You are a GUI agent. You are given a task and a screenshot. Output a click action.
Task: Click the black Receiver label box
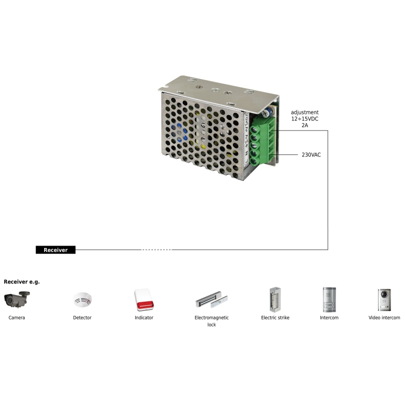tap(56, 250)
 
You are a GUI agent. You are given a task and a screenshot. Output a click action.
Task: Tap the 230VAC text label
tap(311, 154)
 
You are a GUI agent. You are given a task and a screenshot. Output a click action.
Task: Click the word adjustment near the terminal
tap(305, 112)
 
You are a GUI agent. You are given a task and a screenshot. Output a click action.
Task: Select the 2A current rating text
tap(305, 126)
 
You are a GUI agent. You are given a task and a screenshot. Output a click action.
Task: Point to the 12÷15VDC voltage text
tap(305, 119)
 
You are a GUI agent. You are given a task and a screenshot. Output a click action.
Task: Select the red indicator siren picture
tap(144, 300)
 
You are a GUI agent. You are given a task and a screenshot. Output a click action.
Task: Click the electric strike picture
tap(275, 299)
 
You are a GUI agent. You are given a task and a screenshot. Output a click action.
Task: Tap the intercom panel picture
tap(329, 299)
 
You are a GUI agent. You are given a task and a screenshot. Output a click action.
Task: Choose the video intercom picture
tap(384, 299)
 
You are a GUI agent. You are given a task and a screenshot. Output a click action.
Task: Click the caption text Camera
tap(17, 318)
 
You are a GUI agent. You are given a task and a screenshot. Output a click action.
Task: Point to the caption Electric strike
tap(275, 318)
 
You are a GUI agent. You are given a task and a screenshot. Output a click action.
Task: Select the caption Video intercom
tap(384, 318)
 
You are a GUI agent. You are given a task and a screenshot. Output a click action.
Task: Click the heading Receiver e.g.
tap(22, 281)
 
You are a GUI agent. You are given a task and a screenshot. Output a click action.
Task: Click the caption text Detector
tap(82, 318)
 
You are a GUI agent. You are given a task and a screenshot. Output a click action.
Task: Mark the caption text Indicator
tap(144, 318)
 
